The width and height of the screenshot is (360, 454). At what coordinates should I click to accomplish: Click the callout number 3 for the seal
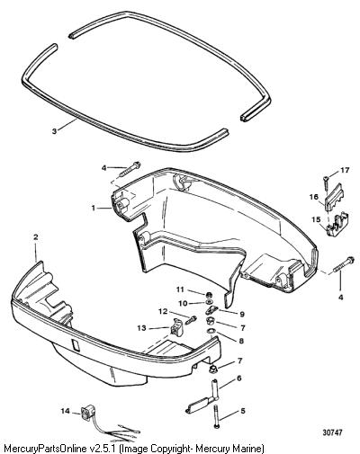(54, 131)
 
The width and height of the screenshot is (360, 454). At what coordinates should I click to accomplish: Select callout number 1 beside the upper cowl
(94, 208)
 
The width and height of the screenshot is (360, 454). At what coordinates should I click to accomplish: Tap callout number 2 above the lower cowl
(36, 237)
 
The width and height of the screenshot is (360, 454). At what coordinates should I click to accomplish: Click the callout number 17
(345, 171)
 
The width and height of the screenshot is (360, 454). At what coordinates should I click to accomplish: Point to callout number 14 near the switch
(66, 411)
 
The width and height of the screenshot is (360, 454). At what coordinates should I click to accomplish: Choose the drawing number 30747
(332, 432)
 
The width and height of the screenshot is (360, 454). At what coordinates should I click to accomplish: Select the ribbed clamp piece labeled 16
(334, 195)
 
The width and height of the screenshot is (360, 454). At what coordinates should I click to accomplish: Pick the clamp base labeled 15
(337, 223)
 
